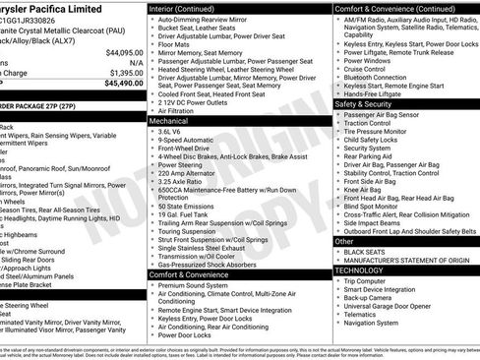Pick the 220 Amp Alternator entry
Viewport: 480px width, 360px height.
181,172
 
